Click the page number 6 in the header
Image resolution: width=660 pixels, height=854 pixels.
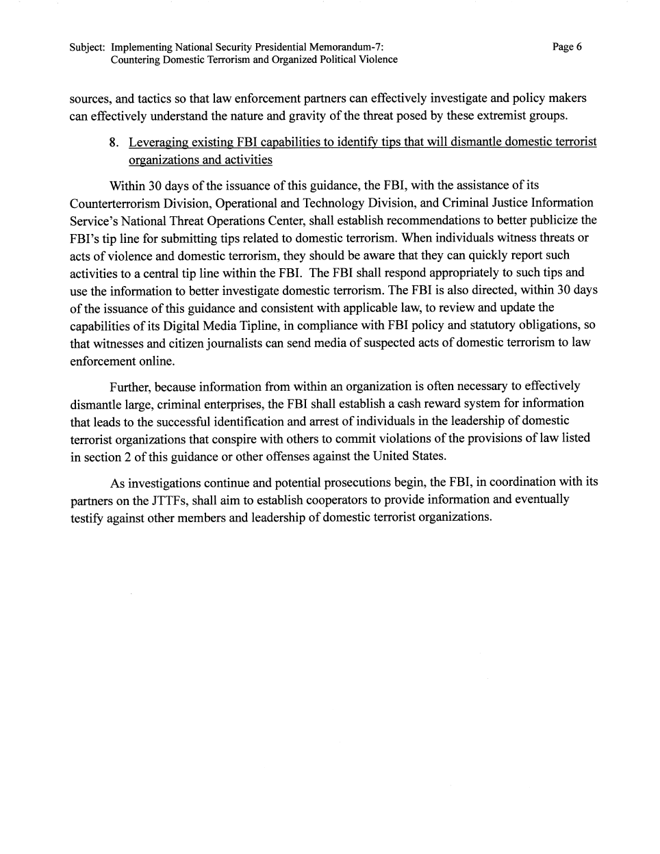pos(579,47)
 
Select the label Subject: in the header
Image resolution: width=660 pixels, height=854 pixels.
pos(87,48)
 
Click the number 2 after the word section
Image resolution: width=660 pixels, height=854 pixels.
pos(127,456)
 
